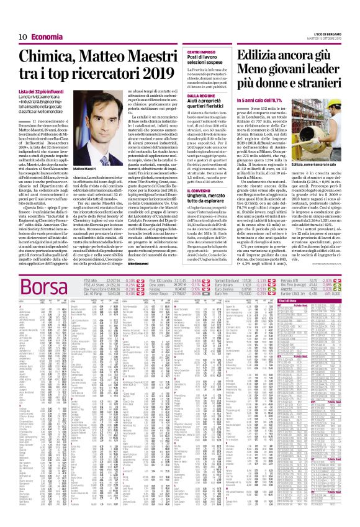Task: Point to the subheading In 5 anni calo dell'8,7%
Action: (257, 99)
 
